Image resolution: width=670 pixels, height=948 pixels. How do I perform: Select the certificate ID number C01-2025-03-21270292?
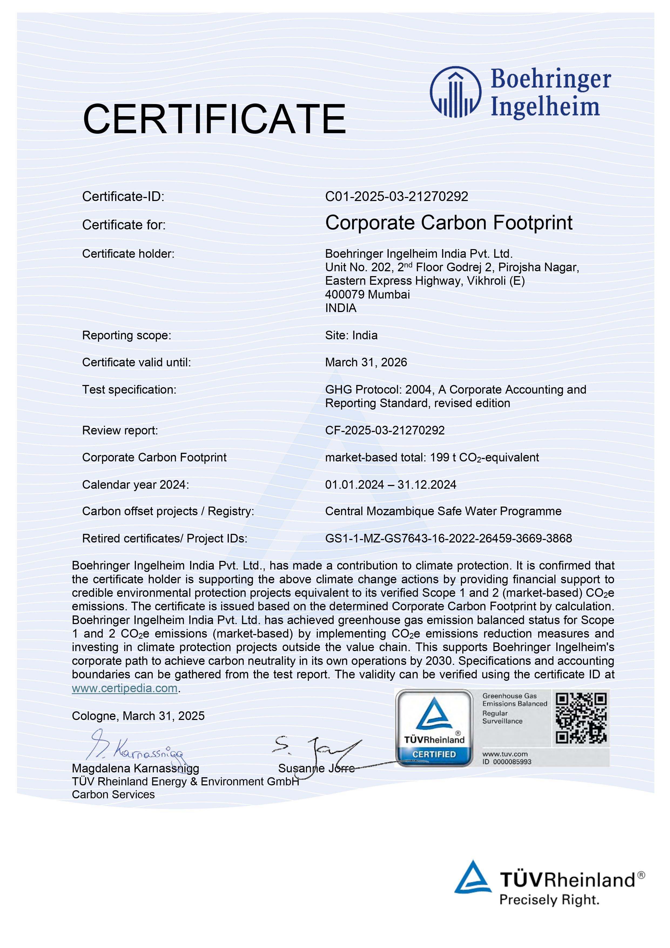click(396, 196)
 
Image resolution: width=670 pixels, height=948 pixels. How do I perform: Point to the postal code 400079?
click(345, 294)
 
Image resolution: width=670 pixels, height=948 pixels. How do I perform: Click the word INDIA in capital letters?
click(341, 308)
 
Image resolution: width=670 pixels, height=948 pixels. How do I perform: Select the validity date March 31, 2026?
click(366, 363)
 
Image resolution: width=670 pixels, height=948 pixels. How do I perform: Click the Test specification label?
click(129, 390)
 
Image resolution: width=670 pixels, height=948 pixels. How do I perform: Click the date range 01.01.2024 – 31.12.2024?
click(390, 485)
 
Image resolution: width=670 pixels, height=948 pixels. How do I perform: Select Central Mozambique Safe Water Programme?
click(443, 512)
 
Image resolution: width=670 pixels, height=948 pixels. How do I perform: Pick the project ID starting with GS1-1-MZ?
click(448, 538)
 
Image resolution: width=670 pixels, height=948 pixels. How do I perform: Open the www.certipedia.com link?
click(125, 688)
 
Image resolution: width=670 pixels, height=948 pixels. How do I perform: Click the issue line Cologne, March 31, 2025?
click(138, 716)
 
